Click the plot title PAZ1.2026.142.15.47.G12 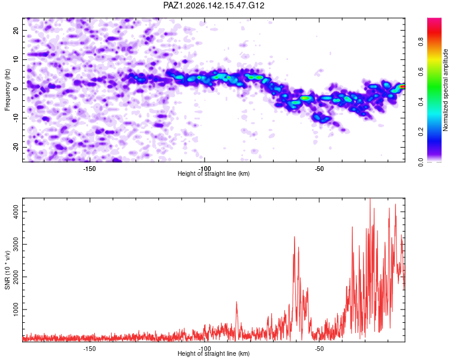[214, 5]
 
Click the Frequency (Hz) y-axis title [7, 90]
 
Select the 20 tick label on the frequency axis [15, 30]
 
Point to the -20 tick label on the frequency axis [15, 147]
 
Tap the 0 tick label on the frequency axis [15, 89]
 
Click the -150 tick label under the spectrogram [89, 169]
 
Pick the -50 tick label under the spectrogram [319, 169]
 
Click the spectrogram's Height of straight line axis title [214, 173]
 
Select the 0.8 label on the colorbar [421, 42]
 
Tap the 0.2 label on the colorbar [421, 131]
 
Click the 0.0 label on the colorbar [421, 162]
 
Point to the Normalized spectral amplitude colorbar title [445, 90]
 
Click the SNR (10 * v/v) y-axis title [7, 270]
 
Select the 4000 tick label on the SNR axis [15, 212]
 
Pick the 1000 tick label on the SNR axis [15, 310]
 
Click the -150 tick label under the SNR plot [89, 349]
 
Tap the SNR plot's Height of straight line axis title [214, 353]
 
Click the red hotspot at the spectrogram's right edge [403, 86]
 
